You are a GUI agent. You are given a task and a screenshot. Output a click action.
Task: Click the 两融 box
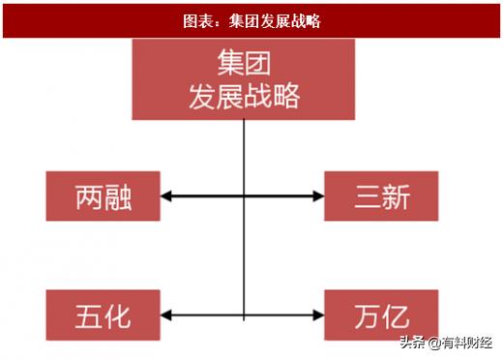(103, 197)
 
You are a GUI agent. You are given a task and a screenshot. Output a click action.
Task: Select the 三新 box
(381, 196)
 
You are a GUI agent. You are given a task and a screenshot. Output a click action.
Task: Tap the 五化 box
(103, 315)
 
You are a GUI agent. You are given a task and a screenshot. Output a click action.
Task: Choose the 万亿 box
(381, 315)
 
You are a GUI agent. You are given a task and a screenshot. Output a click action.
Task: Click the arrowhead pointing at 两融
(165, 197)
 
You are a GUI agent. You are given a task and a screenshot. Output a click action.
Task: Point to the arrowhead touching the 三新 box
(319, 197)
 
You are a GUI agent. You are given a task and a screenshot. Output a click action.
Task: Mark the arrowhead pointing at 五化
(165, 315)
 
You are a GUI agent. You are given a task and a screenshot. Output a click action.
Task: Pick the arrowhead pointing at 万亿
(319, 315)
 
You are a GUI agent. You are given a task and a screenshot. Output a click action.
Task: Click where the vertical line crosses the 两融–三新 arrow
(243, 197)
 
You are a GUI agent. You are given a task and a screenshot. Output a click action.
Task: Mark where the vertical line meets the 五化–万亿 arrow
(243, 315)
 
